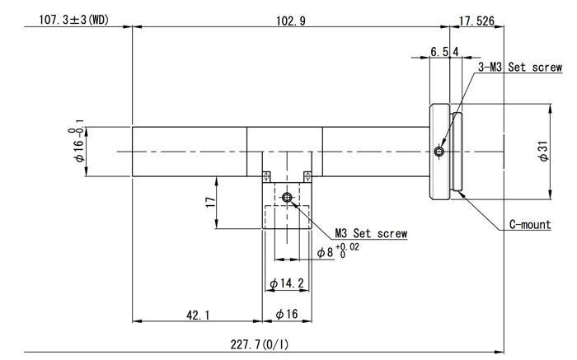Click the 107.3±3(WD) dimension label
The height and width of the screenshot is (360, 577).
tap(71, 18)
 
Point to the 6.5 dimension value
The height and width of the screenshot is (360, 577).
tap(439, 52)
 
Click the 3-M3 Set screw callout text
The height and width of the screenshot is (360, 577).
tap(521, 68)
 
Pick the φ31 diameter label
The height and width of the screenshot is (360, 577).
tap(543, 152)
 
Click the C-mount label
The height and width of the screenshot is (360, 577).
tap(529, 224)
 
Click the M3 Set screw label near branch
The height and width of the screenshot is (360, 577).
tap(370, 234)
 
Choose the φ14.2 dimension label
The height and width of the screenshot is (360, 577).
tap(287, 284)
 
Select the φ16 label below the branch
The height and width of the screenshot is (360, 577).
tap(287, 314)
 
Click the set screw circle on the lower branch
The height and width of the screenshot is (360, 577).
tap(287, 198)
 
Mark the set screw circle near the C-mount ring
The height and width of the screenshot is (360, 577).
tap(439, 152)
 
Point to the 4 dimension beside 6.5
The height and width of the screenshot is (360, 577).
tap(455, 52)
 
